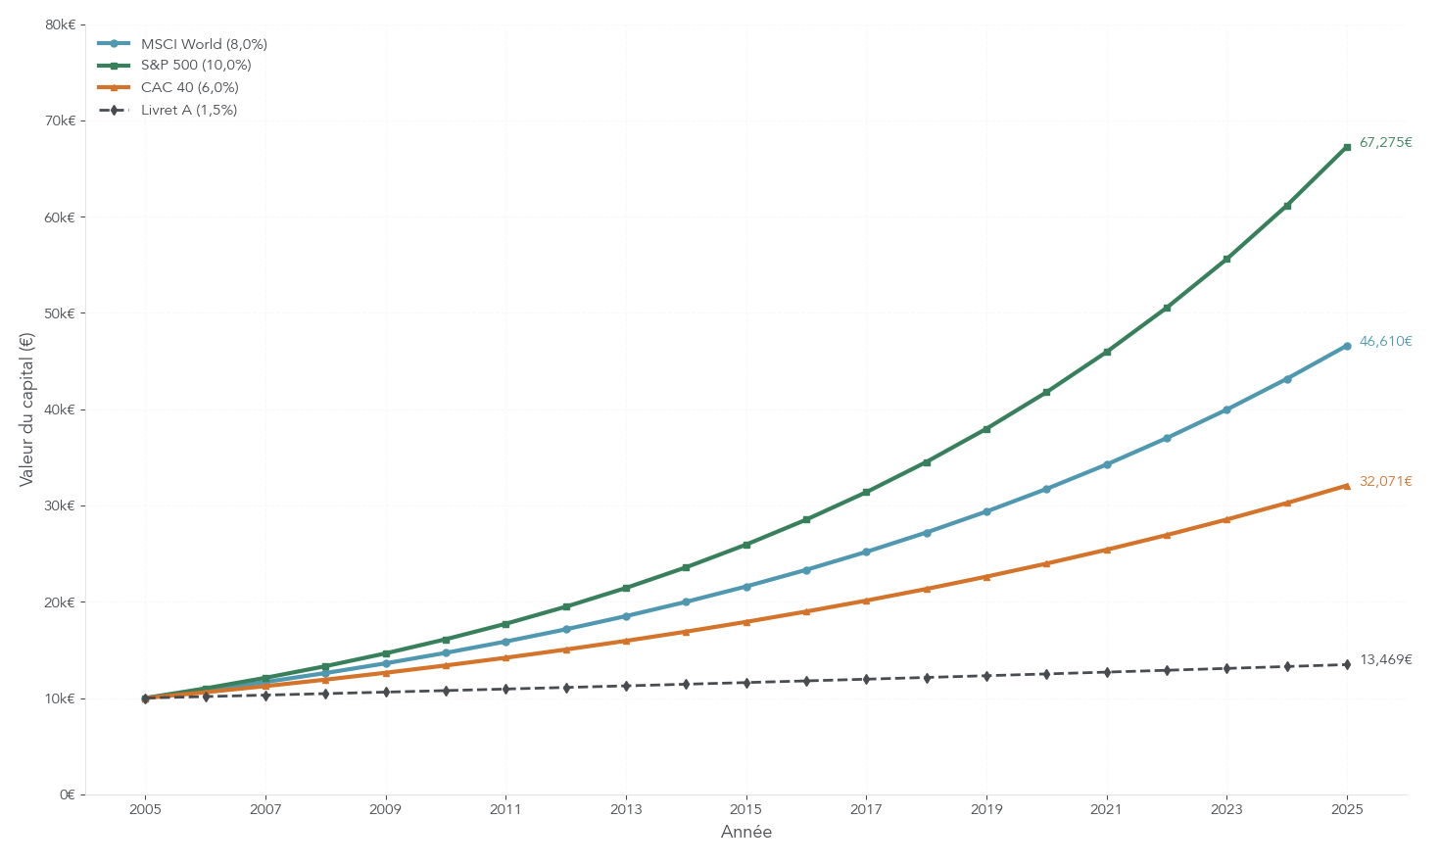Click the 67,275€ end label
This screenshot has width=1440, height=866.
pyautogui.click(x=1385, y=143)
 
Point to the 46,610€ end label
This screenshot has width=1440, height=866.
pyautogui.click(x=1385, y=342)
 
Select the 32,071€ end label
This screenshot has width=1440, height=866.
pyautogui.click(x=1385, y=482)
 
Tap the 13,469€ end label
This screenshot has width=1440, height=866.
pyautogui.click(x=1385, y=660)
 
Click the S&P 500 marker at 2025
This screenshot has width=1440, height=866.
pyautogui.click(x=1347, y=147)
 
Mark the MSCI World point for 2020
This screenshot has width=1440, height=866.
pyautogui.click(x=1046, y=489)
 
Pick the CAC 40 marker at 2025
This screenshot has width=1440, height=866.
pyautogui.click(x=1347, y=486)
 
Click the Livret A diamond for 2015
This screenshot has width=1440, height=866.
pyautogui.click(x=746, y=683)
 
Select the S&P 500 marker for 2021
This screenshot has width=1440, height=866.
pyautogui.click(x=1107, y=352)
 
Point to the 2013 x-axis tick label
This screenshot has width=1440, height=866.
pyautogui.click(x=626, y=810)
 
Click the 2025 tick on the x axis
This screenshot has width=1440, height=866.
pyautogui.click(x=1347, y=810)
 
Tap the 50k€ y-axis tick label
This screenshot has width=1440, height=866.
pyautogui.click(x=60, y=313)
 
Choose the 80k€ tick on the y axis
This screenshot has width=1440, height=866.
pyautogui.click(x=60, y=24)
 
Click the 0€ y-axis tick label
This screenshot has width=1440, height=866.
pyautogui.click(x=66, y=794)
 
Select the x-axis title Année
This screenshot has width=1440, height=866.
pyautogui.click(x=746, y=833)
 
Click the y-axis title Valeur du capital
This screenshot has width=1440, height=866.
pyautogui.click(x=26, y=409)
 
